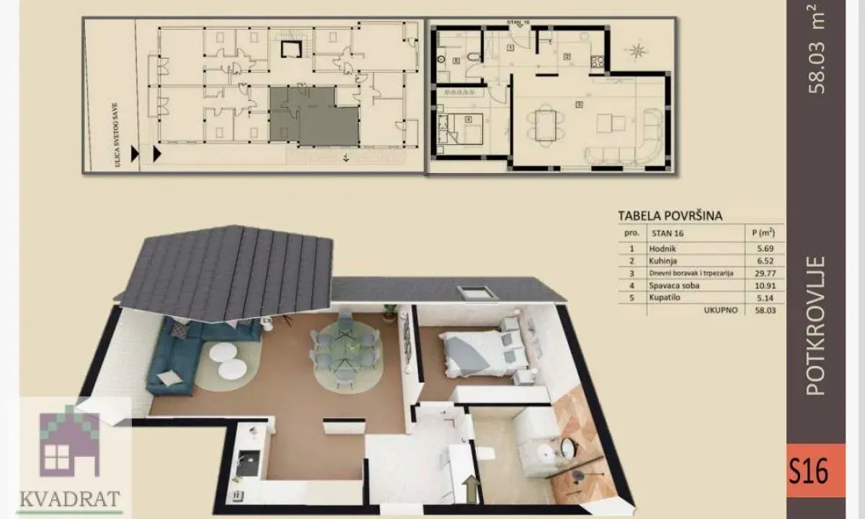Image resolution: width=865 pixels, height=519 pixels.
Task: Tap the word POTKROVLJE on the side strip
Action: tap(815, 325)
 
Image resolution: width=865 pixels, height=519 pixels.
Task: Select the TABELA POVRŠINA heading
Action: tap(670, 215)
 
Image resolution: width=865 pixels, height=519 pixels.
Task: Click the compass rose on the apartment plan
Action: tap(638, 50)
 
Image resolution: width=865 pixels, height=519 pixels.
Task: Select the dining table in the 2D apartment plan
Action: tap(546, 123)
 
